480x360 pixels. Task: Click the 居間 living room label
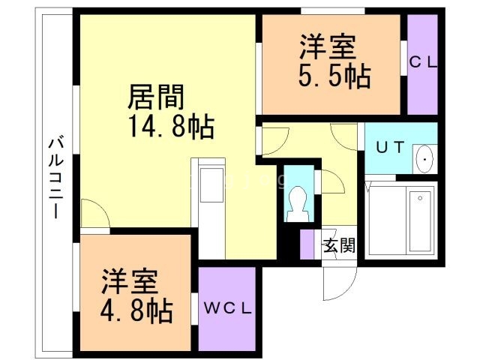(x=156, y=97)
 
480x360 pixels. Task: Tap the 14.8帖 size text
(x=171, y=127)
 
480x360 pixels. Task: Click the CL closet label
(x=423, y=63)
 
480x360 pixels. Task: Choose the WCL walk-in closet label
(x=228, y=308)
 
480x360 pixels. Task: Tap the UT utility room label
(x=390, y=148)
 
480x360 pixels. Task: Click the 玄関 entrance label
(x=339, y=245)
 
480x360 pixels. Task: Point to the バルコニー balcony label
(x=56, y=178)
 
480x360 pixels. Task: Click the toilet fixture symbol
(x=297, y=203)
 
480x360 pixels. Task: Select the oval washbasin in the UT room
(x=425, y=159)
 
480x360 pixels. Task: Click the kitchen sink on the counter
(x=211, y=184)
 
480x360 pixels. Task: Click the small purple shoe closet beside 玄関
(x=307, y=244)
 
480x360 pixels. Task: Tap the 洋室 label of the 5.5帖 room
(x=328, y=47)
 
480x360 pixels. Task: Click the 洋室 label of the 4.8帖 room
(x=130, y=282)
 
